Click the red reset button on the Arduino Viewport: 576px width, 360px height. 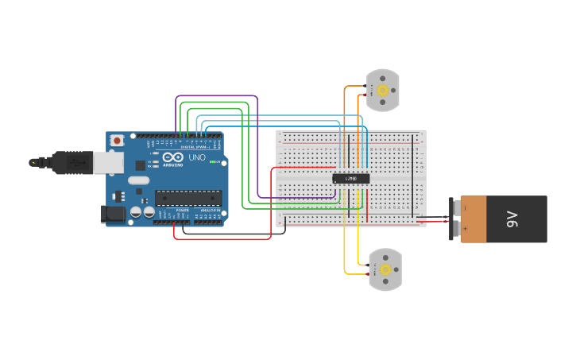point(118,141)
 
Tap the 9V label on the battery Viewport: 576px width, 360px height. point(512,219)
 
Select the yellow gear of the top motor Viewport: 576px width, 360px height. point(383,91)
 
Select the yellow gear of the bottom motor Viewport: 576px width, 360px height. point(386,270)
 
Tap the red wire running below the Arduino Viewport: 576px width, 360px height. point(222,239)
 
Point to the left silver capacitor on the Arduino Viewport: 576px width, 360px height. point(136,213)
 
